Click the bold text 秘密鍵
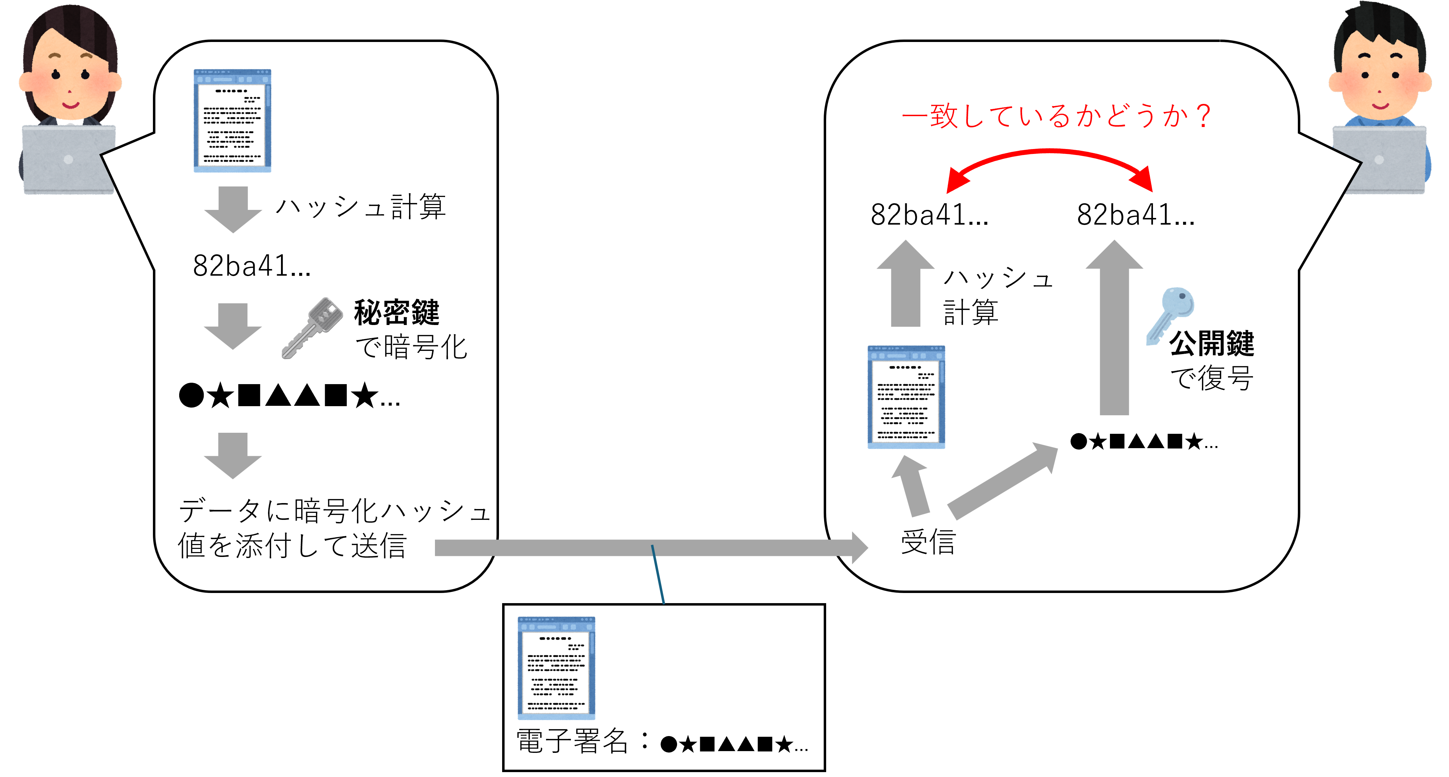pos(396,313)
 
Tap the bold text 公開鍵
pos(1212,344)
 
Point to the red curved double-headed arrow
pos(1050,160)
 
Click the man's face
pos(1380,79)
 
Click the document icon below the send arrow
pos(556,668)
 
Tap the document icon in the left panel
pos(232,120)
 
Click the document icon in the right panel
pos(906,397)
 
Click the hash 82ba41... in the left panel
pos(252,266)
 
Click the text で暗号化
pos(411,347)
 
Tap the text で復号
pos(1212,378)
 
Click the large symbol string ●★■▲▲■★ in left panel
pos(289,396)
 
